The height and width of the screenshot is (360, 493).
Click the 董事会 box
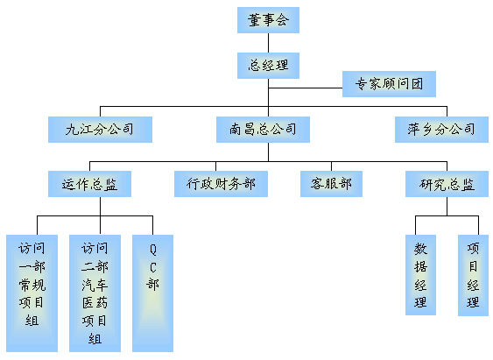[x=268, y=20]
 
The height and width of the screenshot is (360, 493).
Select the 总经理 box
[x=268, y=66]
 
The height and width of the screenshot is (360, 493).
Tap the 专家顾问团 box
[x=389, y=84]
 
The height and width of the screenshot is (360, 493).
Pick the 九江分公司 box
[x=100, y=130]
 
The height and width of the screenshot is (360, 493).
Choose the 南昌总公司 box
[x=263, y=130]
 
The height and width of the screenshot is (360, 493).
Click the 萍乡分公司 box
[x=441, y=130]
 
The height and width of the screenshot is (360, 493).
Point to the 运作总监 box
[x=89, y=184]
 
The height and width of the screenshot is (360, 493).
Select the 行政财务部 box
[x=221, y=184]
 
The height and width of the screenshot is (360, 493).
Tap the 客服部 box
[x=331, y=184]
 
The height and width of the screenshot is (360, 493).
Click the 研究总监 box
[x=447, y=184]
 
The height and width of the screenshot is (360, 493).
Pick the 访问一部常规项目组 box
[x=32, y=293]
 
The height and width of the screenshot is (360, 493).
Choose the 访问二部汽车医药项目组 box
[x=95, y=293]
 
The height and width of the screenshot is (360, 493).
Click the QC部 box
[x=153, y=293]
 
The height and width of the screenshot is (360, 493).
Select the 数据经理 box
[x=420, y=275]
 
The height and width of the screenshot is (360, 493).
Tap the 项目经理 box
[x=473, y=275]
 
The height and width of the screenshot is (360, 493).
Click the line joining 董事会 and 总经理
[x=268, y=43]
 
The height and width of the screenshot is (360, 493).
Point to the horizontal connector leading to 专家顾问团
[x=306, y=88]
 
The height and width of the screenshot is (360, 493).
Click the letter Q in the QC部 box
[x=153, y=250]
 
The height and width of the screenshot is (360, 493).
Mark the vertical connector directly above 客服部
[x=331, y=166]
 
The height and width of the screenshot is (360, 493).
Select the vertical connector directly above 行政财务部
[x=215, y=166]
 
